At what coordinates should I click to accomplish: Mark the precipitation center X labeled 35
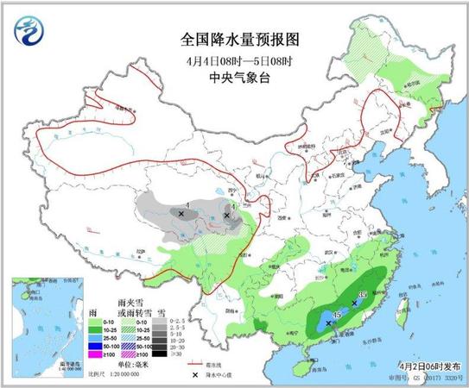pyautogui.click(x=354, y=303)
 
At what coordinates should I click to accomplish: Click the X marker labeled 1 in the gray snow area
pyautogui.click(x=181, y=212)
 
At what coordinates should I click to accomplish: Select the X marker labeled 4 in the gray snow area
pyautogui.click(x=226, y=215)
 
